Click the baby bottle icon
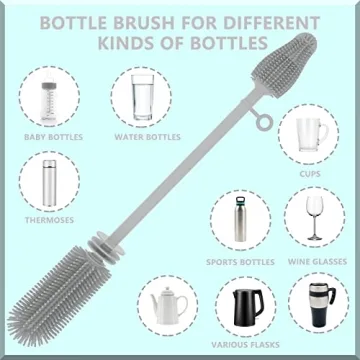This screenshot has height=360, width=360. pos(47,97)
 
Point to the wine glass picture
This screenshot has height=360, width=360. pos(314,217)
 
